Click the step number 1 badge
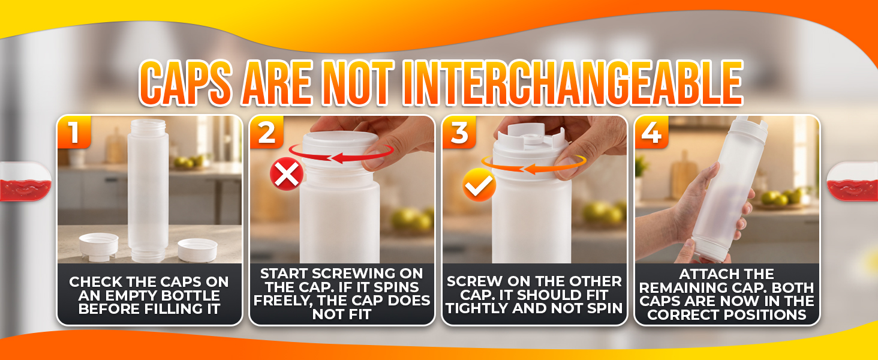tap(74, 132)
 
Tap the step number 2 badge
tap(266, 132)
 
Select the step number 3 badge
tap(459, 132)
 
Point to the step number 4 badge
tap(651, 132)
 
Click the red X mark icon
tap(287, 174)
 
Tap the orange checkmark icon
tap(479, 185)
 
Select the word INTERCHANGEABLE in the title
tap(573, 83)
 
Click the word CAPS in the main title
tap(186, 83)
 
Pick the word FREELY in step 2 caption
tap(282, 301)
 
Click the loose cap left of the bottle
tap(98, 245)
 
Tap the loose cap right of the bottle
tap(197, 250)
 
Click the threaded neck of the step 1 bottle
tap(148, 127)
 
